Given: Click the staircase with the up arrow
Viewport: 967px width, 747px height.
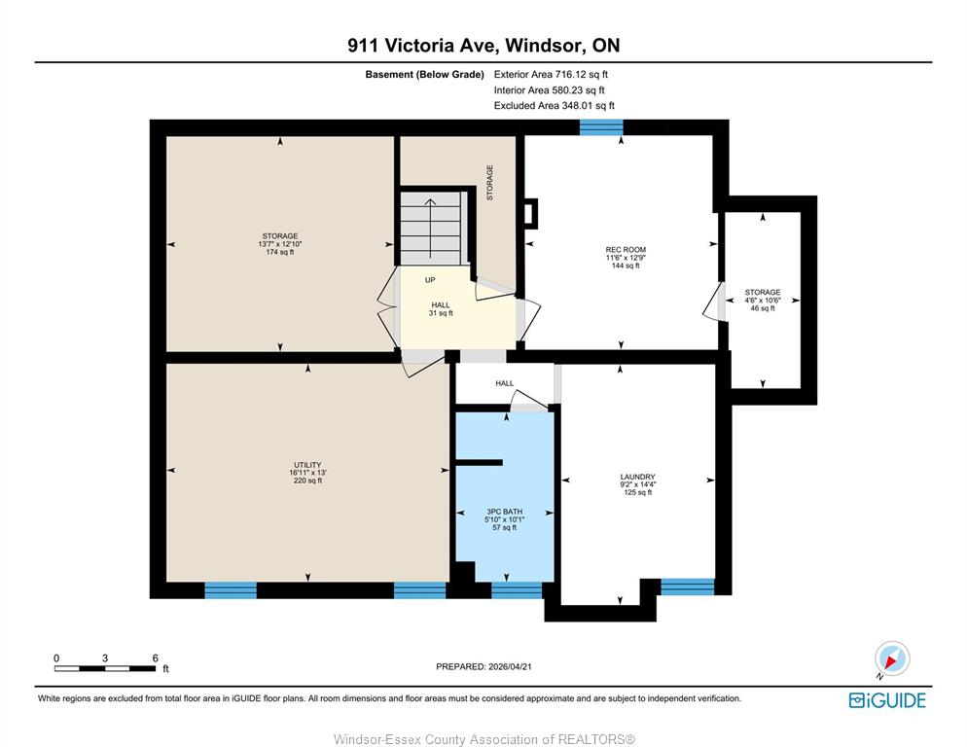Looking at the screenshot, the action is click(431, 229).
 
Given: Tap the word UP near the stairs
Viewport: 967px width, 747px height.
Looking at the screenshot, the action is click(430, 280).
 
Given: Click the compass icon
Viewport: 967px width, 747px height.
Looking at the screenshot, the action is click(892, 658).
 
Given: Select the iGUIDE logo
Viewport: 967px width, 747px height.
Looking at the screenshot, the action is click(887, 700).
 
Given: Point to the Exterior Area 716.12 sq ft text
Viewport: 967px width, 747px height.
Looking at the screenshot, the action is click(551, 74).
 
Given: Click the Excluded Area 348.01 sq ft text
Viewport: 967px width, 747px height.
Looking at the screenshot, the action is click(554, 105).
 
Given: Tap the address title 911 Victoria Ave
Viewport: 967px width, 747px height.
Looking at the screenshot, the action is click(424, 45).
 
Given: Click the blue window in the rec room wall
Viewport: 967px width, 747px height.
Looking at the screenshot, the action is click(601, 127).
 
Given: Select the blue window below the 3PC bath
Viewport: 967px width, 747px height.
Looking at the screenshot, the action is click(517, 590).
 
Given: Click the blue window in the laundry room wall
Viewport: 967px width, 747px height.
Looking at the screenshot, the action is click(688, 587).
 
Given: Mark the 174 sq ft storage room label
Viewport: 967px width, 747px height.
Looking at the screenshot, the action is click(280, 244).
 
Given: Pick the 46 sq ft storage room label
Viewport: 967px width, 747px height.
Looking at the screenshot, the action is click(763, 300).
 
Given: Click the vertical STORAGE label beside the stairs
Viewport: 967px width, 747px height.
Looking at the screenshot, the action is click(489, 183).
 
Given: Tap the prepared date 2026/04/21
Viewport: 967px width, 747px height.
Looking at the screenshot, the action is click(483, 667).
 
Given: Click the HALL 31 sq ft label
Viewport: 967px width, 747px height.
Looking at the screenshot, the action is click(441, 309).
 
